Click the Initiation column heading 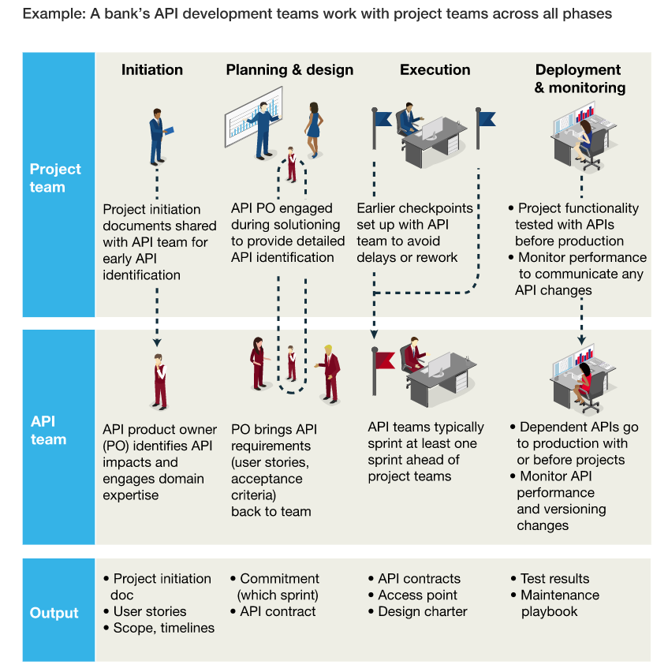pyautogui.click(x=152, y=70)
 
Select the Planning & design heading pyautogui.click(x=289, y=70)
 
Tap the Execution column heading pyautogui.click(x=435, y=70)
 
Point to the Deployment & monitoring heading pyautogui.click(x=580, y=79)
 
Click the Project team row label pyautogui.click(x=55, y=177)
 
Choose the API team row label pyautogui.click(x=48, y=431)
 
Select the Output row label pyautogui.click(x=54, y=613)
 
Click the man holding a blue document pyautogui.click(x=159, y=137)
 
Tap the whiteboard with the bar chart pyautogui.click(x=253, y=116)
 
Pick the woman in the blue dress pyautogui.click(x=314, y=130)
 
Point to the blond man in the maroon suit pyautogui.click(x=329, y=374)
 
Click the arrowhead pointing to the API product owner pyautogui.click(x=157, y=342)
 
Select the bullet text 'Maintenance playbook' pyautogui.click(x=556, y=603)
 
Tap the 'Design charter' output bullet pyautogui.click(x=418, y=611)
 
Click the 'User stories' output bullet pyautogui.click(x=146, y=611)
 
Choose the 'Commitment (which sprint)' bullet pyautogui.click(x=275, y=587)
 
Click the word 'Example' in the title pyautogui.click(x=54, y=14)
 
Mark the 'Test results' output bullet pyautogui.click(x=550, y=579)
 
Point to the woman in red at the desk pyautogui.click(x=583, y=383)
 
